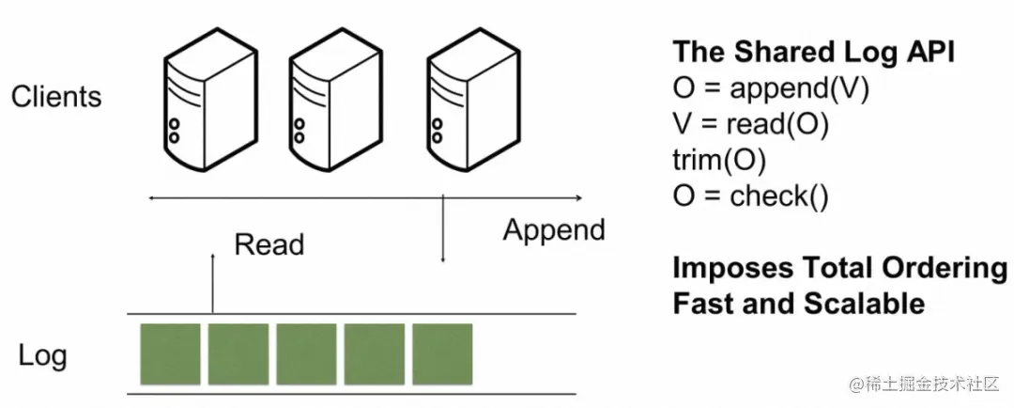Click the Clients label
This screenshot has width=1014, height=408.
pyautogui.click(x=56, y=97)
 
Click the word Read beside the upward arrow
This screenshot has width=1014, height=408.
pyautogui.click(x=269, y=244)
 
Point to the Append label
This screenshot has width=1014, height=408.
pyautogui.click(x=554, y=230)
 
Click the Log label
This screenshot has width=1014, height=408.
pyautogui.click(x=42, y=356)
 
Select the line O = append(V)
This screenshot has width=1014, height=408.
pyautogui.click(x=771, y=89)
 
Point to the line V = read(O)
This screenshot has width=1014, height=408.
pyautogui.click(x=751, y=125)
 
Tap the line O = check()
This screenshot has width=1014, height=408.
pyautogui.click(x=751, y=196)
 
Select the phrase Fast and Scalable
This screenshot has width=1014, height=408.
pyautogui.click(x=799, y=304)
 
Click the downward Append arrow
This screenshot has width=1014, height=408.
pyautogui.click(x=442, y=230)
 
